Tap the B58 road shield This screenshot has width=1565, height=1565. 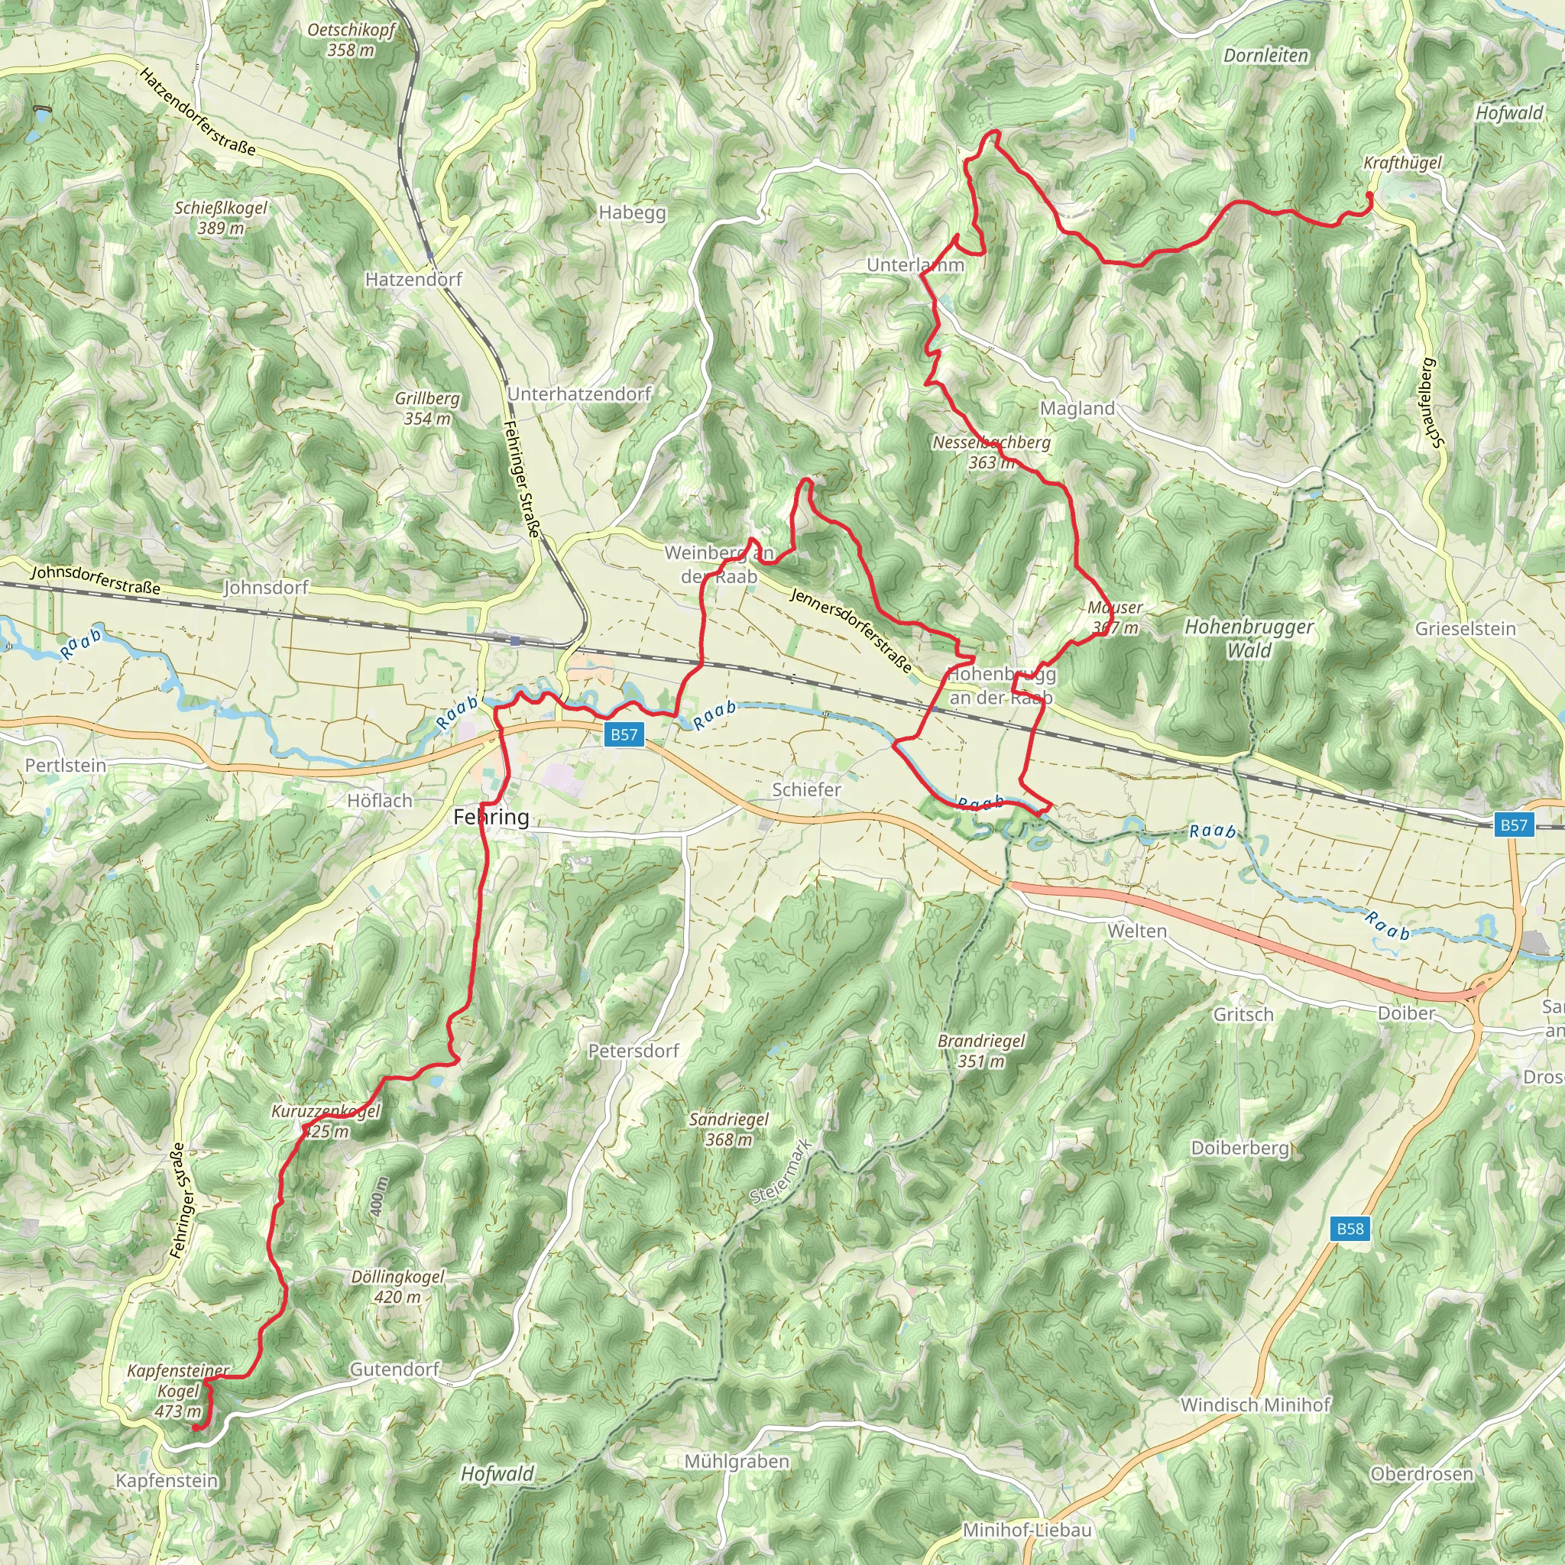pyautogui.click(x=1350, y=1228)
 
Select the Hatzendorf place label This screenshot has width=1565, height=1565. pyautogui.click(x=413, y=280)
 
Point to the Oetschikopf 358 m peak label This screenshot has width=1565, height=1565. pyautogui.click(x=352, y=40)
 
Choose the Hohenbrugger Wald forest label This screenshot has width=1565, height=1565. pyautogui.click(x=1249, y=637)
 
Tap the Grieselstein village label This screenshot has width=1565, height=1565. pyautogui.click(x=1466, y=629)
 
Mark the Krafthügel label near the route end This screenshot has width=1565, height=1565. pyautogui.click(x=1402, y=163)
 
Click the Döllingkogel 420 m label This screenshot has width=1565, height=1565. pyautogui.click(x=397, y=1286)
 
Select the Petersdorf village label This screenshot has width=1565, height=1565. pyautogui.click(x=633, y=1051)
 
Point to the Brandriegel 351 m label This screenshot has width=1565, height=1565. pyautogui.click(x=981, y=1051)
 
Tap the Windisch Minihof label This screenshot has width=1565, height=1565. pyautogui.click(x=1255, y=1405)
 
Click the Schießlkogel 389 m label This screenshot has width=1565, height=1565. pyautogui.click(x=220, y=218)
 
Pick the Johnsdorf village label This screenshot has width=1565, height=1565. pyautogui.click(x=266, y=588)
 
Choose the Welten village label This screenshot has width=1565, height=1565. pyautogui.click(x=1137, y=931)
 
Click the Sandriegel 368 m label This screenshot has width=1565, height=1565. pyautogui.click(x=729, y=1129)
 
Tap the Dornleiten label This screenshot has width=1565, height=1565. pyautogui.click(x=1265, y=56)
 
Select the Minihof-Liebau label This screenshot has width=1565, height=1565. pyautogui.click(x=1026, y=1530)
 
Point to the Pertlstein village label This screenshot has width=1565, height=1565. pyautogui.click(x=66, y=766)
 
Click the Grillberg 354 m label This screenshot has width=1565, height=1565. pyautogui.click(x=427, y=408)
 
